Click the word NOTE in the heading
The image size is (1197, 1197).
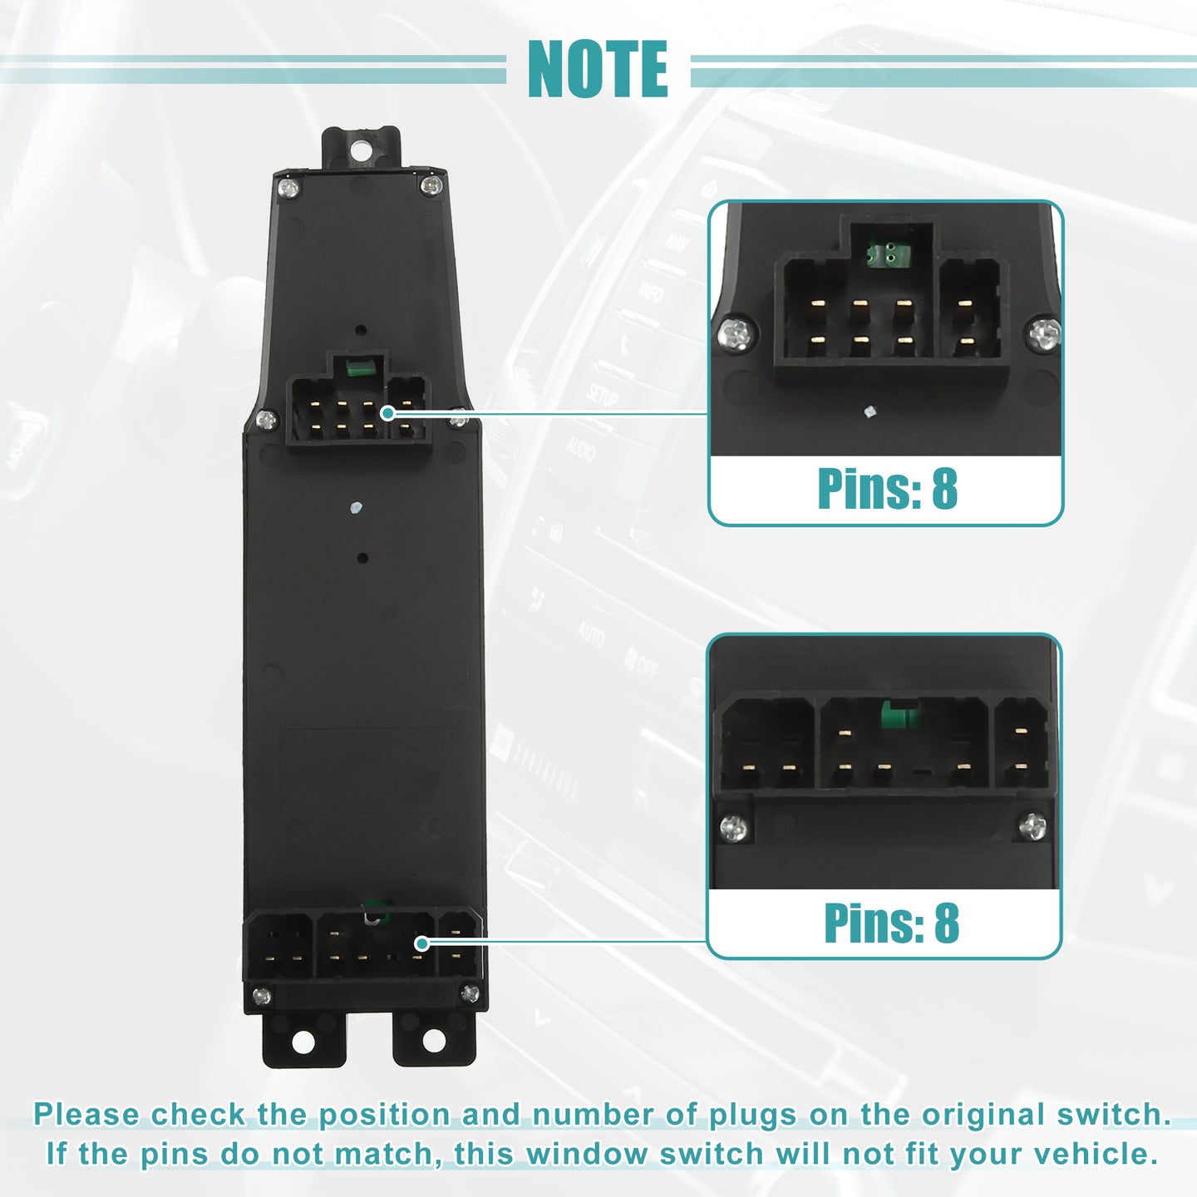click(598, 69)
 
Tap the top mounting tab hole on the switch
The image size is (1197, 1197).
click(360, 150)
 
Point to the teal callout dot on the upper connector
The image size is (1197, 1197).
click(387, 413)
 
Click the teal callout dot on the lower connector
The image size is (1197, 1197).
click(421, 943)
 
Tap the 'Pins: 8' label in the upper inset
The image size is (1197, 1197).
click(888, 489)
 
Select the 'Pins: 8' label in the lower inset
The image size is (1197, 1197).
click(891, 923)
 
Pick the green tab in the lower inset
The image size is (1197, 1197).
click(899, 715)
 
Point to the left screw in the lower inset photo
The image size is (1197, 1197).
click(734, 827)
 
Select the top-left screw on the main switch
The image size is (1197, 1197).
click(288, 188)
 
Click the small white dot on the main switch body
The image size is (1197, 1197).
click(355, 508)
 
